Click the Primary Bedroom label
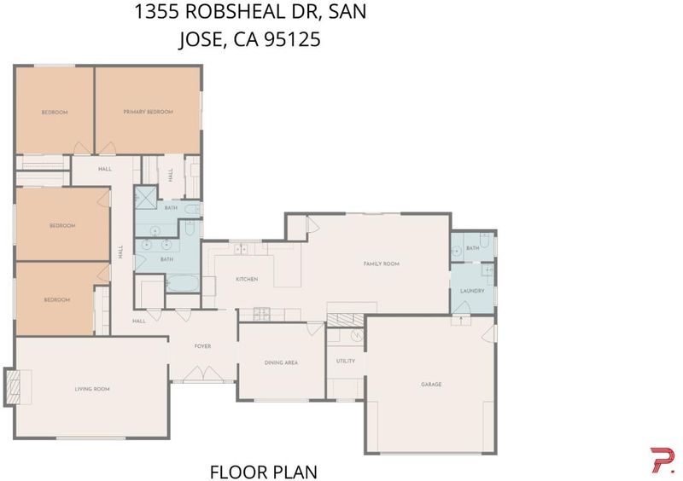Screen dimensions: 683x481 148,112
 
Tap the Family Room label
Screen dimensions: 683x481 381,264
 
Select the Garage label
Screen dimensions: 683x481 431,384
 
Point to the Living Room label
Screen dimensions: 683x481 92,389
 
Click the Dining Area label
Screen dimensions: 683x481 281,362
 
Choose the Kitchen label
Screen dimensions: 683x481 247,279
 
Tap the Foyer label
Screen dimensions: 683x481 202,346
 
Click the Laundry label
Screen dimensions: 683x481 472,290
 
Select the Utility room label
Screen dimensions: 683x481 346,361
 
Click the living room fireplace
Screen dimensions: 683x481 12,386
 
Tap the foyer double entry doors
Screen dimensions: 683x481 202,374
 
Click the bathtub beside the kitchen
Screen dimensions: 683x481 183,283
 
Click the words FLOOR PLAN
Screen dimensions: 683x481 264,472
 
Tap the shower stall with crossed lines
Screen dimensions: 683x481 145,198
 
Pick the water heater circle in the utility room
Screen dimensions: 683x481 357,335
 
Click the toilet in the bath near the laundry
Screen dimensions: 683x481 485,240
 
